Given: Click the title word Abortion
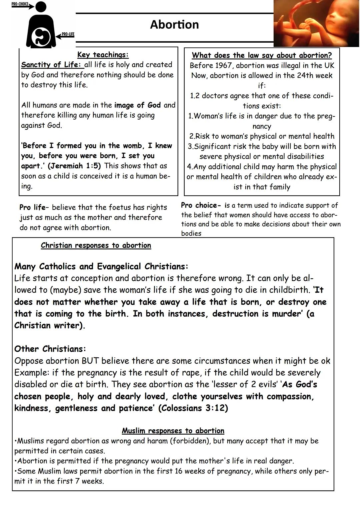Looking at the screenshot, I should (174, 25).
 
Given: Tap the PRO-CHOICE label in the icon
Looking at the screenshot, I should (19, 4).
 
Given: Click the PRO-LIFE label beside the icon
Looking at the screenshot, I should (68, 34).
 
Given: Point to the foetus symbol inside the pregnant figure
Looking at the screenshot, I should (41, 37).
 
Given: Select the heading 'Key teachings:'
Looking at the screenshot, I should (103, 55).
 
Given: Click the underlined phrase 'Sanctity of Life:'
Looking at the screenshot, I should (51, 65).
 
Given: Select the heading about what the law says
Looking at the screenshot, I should (262, 55).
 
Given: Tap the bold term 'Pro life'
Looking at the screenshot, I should (32, 207).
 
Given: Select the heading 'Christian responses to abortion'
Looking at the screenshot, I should (96, 246).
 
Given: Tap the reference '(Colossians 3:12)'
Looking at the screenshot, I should (193, 408).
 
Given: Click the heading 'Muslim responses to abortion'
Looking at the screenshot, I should (173, 431).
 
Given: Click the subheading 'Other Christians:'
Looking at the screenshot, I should (50, 349).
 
